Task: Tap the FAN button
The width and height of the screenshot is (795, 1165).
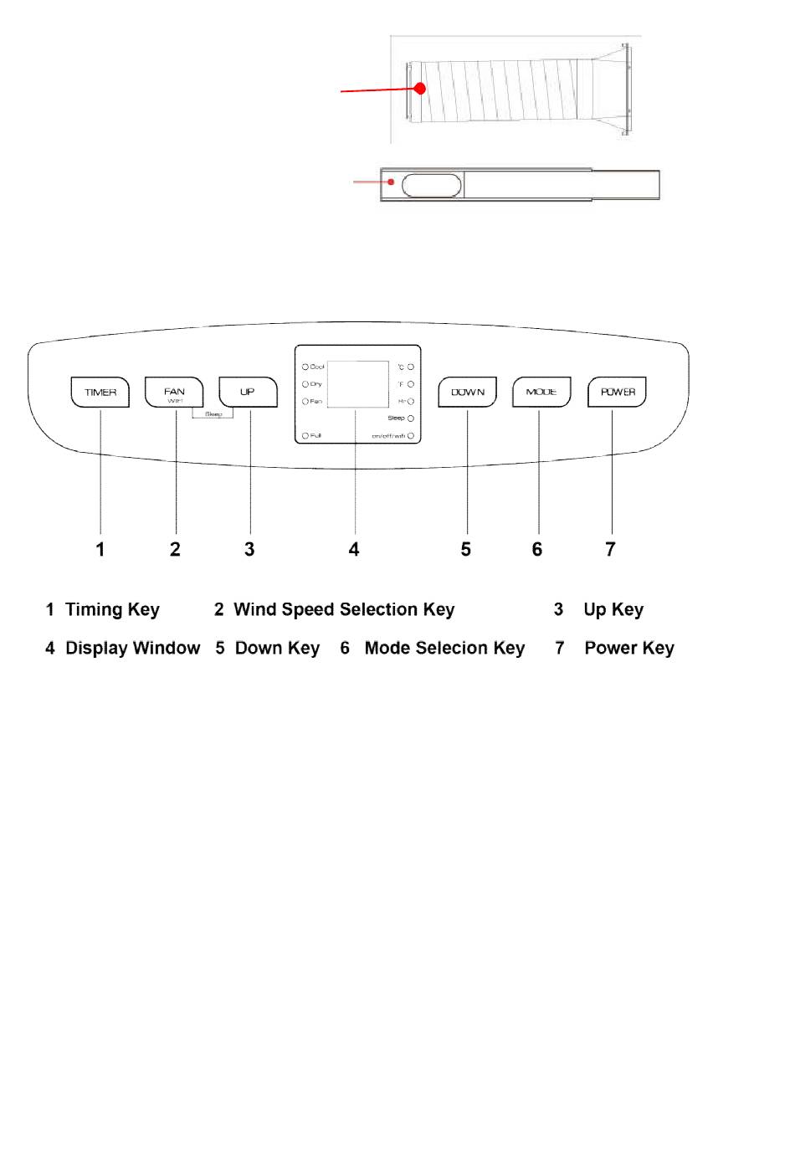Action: pyautogui.click(x=174, y=392)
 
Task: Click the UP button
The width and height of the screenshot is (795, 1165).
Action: pyautogui.click(x=248, y=392)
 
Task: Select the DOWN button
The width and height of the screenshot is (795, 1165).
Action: pyautogui.click(x=468, y=392)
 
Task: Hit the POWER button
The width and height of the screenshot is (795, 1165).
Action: pyautogui.click(x=618, y=392)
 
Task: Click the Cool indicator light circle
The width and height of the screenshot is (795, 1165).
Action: pyautogui.click(x=305, y=367)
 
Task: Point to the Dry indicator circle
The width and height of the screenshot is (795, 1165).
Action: pyautogui.click(x=305, y=384)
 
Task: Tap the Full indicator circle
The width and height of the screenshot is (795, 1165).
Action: pyautogui.click(x=305, y=436)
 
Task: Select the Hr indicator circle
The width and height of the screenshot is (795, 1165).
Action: pyautogui.click(x=411, y=402)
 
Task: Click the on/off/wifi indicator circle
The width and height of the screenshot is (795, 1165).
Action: pyautogui.click(x=411, y=436)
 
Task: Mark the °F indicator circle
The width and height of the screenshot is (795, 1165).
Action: pyautogui.click(x=411, y=384)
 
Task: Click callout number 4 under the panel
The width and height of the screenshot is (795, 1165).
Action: pyautogui.click(x=354, y=549)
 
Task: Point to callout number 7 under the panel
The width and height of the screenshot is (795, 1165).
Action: pyautogui.click(x=610, y=549)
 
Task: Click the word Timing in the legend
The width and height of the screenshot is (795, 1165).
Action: pyautogui.click(x=95, y=609)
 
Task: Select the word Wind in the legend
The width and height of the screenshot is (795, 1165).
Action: pyautogui.click(x=254, y=609)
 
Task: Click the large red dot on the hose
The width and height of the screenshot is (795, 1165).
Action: pyautogui.click(x=420, y=88)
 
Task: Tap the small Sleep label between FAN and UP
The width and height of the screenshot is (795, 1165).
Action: pyautogui.click(x=213, y=414)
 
